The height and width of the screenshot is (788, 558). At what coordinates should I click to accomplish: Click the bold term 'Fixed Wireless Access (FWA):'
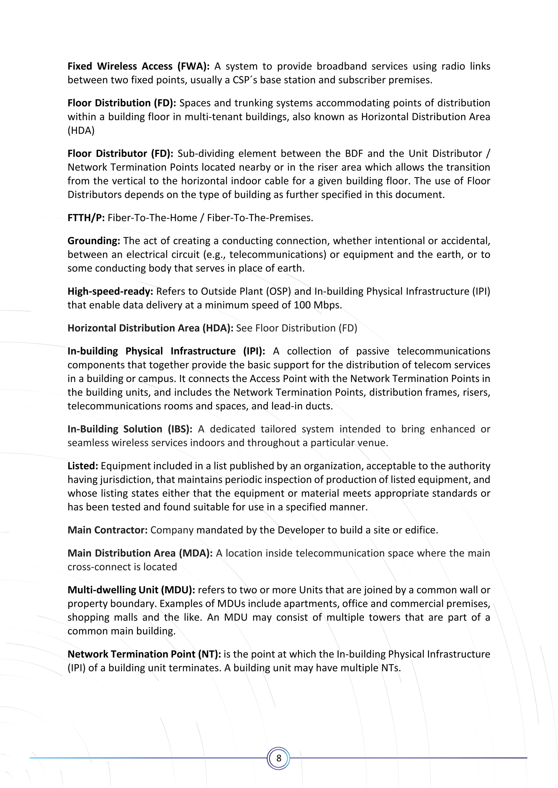(x=138, y=66)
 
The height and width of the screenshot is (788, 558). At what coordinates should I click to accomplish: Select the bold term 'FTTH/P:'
(x=86, y=218)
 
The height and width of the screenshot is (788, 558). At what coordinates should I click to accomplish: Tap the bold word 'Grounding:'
(x=94, y=241)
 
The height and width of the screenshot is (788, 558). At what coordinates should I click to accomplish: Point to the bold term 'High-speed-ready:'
(x=110, y=291)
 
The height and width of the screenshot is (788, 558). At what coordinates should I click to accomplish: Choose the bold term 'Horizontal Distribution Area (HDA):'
(x=150, y=328)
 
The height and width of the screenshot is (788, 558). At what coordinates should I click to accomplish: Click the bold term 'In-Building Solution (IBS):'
(x=129, y=429)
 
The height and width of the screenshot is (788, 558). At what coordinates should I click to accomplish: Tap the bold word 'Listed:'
(x=83, y=466)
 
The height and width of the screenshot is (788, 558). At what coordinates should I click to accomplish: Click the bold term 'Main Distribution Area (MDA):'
(x=140, y=553)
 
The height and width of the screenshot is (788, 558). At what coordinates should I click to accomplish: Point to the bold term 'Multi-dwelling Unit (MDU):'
(x=131, y=590)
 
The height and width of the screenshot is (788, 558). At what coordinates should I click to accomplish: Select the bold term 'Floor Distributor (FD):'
(x=120, y=153)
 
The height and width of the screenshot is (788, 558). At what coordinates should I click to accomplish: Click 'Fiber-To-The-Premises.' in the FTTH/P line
(x=260, y=218)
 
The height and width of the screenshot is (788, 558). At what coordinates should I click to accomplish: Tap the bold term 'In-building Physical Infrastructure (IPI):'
(x=166, y=351)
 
